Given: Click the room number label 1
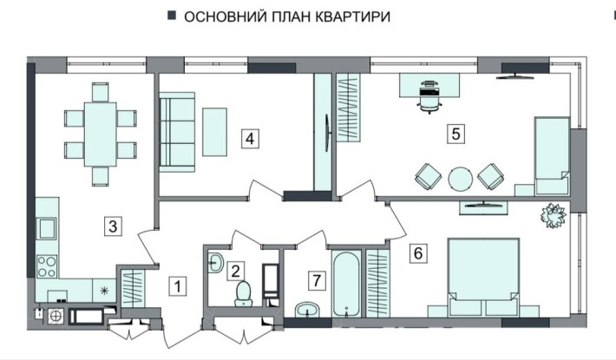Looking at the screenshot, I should point(177,284).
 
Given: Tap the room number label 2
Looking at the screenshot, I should point(235,270).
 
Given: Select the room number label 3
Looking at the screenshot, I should point(113,226).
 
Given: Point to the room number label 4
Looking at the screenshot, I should point(249,137).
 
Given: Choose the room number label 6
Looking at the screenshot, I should point(419,253).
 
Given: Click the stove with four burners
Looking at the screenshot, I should point(47,264).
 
